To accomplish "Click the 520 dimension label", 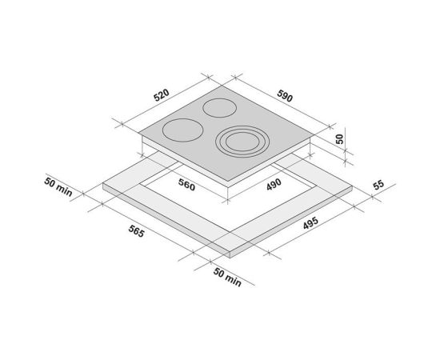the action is (x=162, y=95).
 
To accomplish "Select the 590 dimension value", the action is (x=285, y=96).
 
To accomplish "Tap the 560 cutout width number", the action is (x=186, y=185).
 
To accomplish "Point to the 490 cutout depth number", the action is (x=274, y=184).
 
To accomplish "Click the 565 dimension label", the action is (x=137, y=231).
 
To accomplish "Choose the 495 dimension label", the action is (x=310, y=222).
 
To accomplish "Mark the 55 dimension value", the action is (x=378, y=185).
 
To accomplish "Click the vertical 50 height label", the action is (x=339, y=139).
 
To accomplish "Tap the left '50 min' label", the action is (x=58, y=187).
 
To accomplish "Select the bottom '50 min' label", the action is (x=227, y=278).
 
